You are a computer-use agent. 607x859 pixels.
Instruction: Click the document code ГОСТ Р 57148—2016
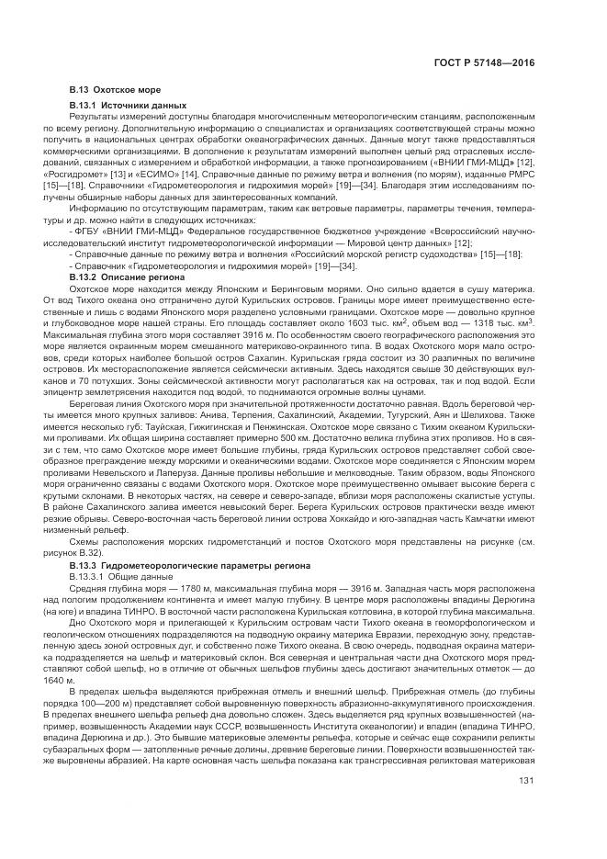click(490, 63)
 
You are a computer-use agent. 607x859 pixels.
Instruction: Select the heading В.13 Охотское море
click(115, 90)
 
